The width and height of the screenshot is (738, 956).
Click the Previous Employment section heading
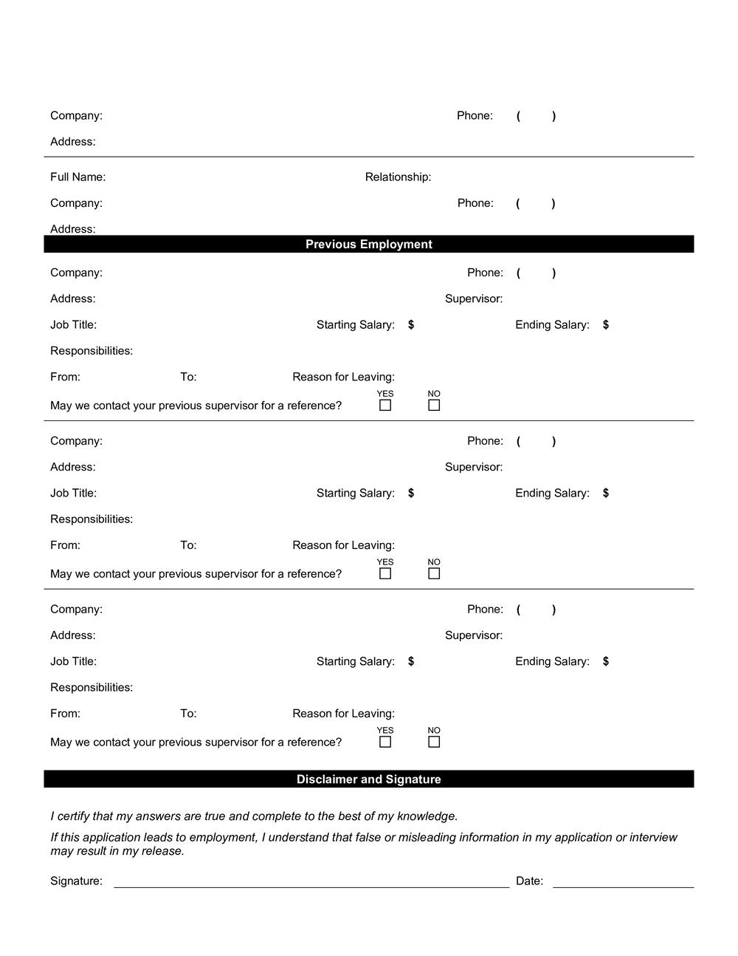coord(368,245)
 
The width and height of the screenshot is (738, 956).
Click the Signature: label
coord(76,881)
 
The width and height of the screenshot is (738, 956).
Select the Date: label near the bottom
coord(529,881)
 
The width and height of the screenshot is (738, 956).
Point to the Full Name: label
coord(77,177)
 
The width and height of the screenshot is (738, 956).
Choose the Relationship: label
coord(398,177)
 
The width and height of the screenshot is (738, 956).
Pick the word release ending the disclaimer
coord(162,851)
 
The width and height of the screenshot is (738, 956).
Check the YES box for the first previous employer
coord(385,406)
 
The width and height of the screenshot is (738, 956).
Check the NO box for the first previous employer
coord(434,406)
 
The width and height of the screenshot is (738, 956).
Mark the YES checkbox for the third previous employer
coord(385,742)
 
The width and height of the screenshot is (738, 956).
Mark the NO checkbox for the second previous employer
coord(434,574)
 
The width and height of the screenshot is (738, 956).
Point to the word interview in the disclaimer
coord(653,838)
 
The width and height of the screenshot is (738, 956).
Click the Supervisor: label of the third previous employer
coord(473,635)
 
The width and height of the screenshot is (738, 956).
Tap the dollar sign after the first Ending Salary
coord(606,325)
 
